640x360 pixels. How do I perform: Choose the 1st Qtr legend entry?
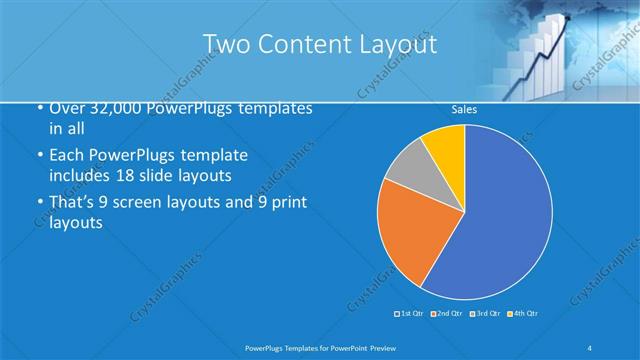coord(407,314)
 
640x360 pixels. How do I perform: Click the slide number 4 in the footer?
coord(589,346)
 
